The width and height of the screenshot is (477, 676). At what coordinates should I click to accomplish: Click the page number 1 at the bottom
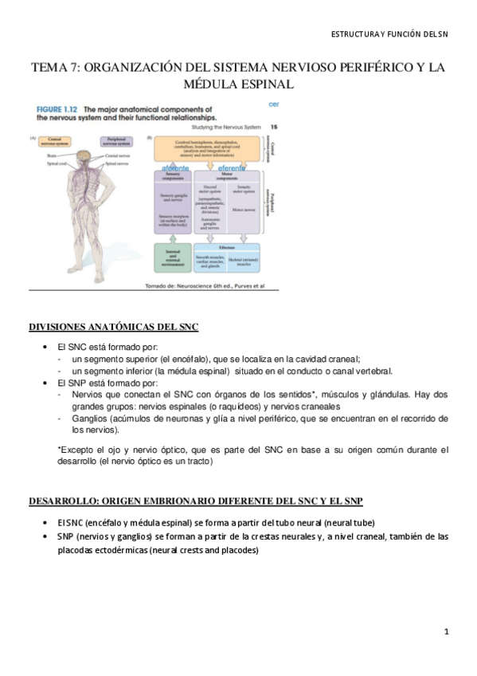[448, 631]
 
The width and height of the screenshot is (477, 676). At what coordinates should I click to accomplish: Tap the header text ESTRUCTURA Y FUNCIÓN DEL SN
[389, 34]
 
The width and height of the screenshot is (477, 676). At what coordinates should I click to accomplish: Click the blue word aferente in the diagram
[178, 169]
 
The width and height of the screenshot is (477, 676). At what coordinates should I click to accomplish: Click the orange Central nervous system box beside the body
[54, 142]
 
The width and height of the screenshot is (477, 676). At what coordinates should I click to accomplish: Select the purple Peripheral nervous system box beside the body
[111, 142]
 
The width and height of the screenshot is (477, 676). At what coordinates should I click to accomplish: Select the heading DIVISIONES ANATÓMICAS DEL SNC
[113, 328]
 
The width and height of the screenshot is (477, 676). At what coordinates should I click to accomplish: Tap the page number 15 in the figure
[273, 127]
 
